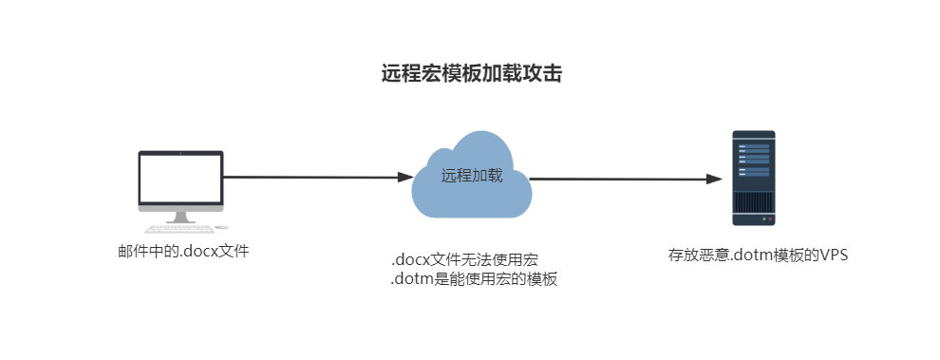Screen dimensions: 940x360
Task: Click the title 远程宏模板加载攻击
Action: coord(472,74)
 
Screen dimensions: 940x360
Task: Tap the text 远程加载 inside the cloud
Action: coord(472,176)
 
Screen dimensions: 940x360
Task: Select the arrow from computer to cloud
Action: coord(318,177)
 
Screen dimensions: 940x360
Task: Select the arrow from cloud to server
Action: coord(626,179)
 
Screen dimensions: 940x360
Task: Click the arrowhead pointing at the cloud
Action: coord(405,177)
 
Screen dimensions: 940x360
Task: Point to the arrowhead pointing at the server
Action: coord(715,179)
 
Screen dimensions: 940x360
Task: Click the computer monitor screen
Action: coord(180,179)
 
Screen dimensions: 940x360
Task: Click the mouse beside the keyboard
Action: coord(222,227)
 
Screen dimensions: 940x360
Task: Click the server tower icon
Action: coord(754,179)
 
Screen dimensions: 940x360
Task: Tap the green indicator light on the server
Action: coord(763,219)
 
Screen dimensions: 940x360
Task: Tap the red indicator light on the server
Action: coord(770,219)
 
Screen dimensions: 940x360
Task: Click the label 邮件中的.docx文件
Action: coord(183,251)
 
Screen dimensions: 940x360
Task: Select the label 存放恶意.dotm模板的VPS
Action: coord(759,255)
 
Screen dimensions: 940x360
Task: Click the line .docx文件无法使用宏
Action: coord(464,260)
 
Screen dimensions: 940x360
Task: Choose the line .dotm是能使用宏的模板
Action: coord(474,279)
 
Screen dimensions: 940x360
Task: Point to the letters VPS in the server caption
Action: coord(835,255)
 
